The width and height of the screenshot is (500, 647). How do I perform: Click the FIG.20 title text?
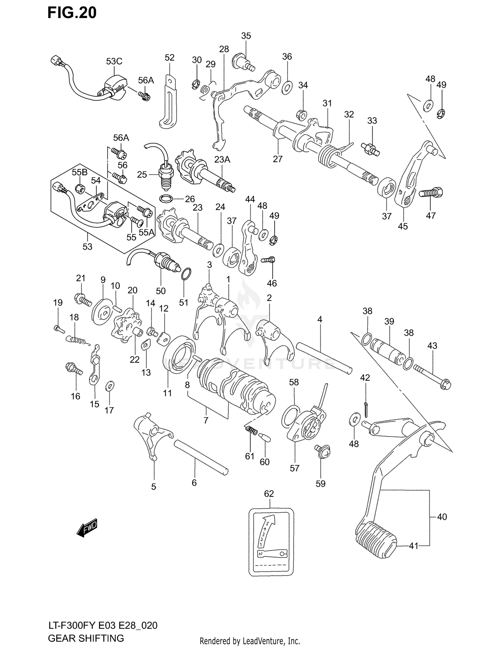coord(72,13)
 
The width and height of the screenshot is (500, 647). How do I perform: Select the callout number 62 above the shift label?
coord(269,494)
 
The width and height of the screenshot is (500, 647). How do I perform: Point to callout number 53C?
coord(114,61)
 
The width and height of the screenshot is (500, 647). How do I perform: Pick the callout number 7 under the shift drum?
coord(206,420)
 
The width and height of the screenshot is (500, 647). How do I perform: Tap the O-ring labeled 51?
coord(186,274)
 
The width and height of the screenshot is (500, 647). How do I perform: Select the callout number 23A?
coord(222,159)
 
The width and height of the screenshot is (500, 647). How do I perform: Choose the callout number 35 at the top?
coord(246,36)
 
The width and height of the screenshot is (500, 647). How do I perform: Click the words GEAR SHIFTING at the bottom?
coord(86,638)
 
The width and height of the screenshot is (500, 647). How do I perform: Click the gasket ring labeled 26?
coord(166,199)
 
